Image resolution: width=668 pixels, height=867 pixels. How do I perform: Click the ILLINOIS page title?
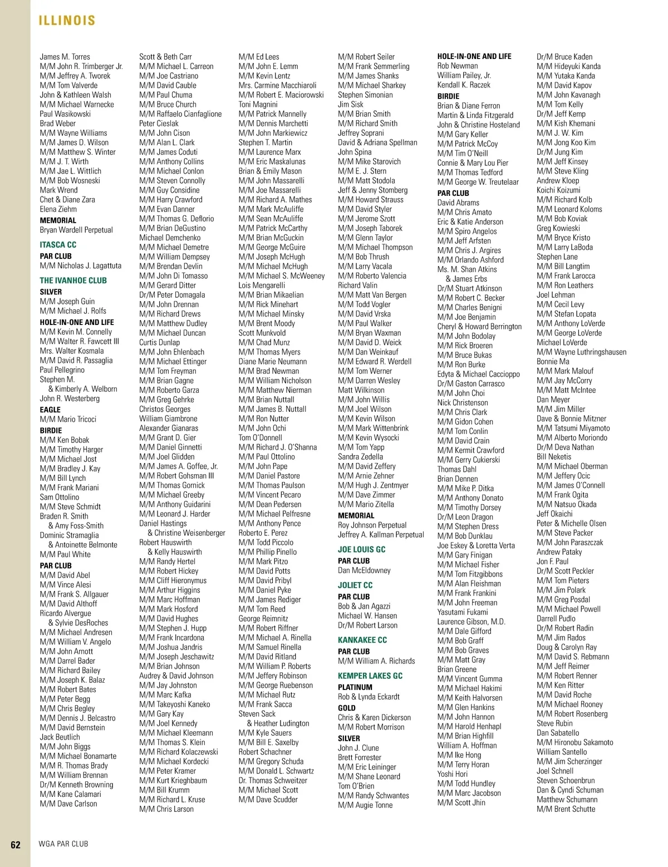click(x=67, y=21)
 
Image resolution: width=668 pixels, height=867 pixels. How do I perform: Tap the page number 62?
click(x=16, y=844)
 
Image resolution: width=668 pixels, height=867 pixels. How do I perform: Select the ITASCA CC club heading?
click(x=58, y=245)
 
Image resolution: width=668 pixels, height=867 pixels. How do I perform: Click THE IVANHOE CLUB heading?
click(x=73, y=280)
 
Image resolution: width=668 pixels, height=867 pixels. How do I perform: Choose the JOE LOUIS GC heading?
click(x=361, y=549)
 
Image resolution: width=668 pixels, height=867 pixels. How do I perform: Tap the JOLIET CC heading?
click(x=355, y=585)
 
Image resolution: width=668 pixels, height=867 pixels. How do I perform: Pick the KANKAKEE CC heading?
click(x=362, y=640)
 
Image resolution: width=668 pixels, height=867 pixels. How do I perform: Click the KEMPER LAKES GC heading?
click(x=370, y=676)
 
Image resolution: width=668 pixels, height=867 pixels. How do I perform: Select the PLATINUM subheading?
click(x=355, y=687)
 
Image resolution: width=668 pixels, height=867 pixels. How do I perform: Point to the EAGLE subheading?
click(x=50, y=410)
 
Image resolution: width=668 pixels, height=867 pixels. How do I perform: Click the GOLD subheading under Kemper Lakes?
click(x=347, y=708)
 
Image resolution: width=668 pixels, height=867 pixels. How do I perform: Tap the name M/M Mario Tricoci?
click(x=68, y=419)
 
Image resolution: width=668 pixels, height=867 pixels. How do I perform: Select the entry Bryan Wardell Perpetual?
click(x=76, y=230)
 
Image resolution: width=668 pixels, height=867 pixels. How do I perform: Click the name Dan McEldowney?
click(x=364, y=570)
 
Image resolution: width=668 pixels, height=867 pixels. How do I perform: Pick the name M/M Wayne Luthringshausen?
click(x=581, y=352)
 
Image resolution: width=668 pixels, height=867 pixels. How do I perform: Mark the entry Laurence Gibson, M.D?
click(x=471, y=622)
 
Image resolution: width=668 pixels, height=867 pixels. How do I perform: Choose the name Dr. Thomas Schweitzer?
click(x=273, y=780)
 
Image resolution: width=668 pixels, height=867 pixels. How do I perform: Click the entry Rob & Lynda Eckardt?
click(x=369, y=697)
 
